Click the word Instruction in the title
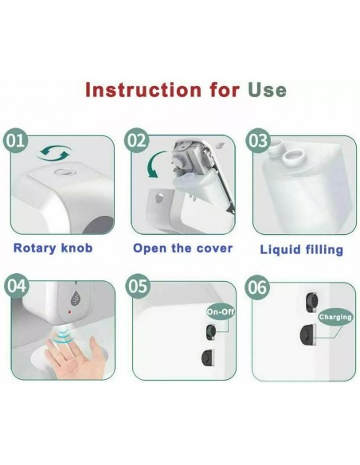point(143,89)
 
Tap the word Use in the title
point(267,90)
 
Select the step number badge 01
point(15,140)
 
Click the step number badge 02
point(136,140)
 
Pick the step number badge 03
point(257,140)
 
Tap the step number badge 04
point(16,286)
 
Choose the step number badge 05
point(138,286)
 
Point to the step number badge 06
point(257,287)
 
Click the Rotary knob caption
point(53,248)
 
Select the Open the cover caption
point(182,248)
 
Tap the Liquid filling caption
point(301,250)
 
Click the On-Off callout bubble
point(221,311)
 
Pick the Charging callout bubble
point(335,317)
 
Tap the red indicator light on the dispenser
point(69,312)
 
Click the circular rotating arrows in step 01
point(55,154)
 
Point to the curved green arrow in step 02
point(155,165)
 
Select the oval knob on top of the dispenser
point(63,172)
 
